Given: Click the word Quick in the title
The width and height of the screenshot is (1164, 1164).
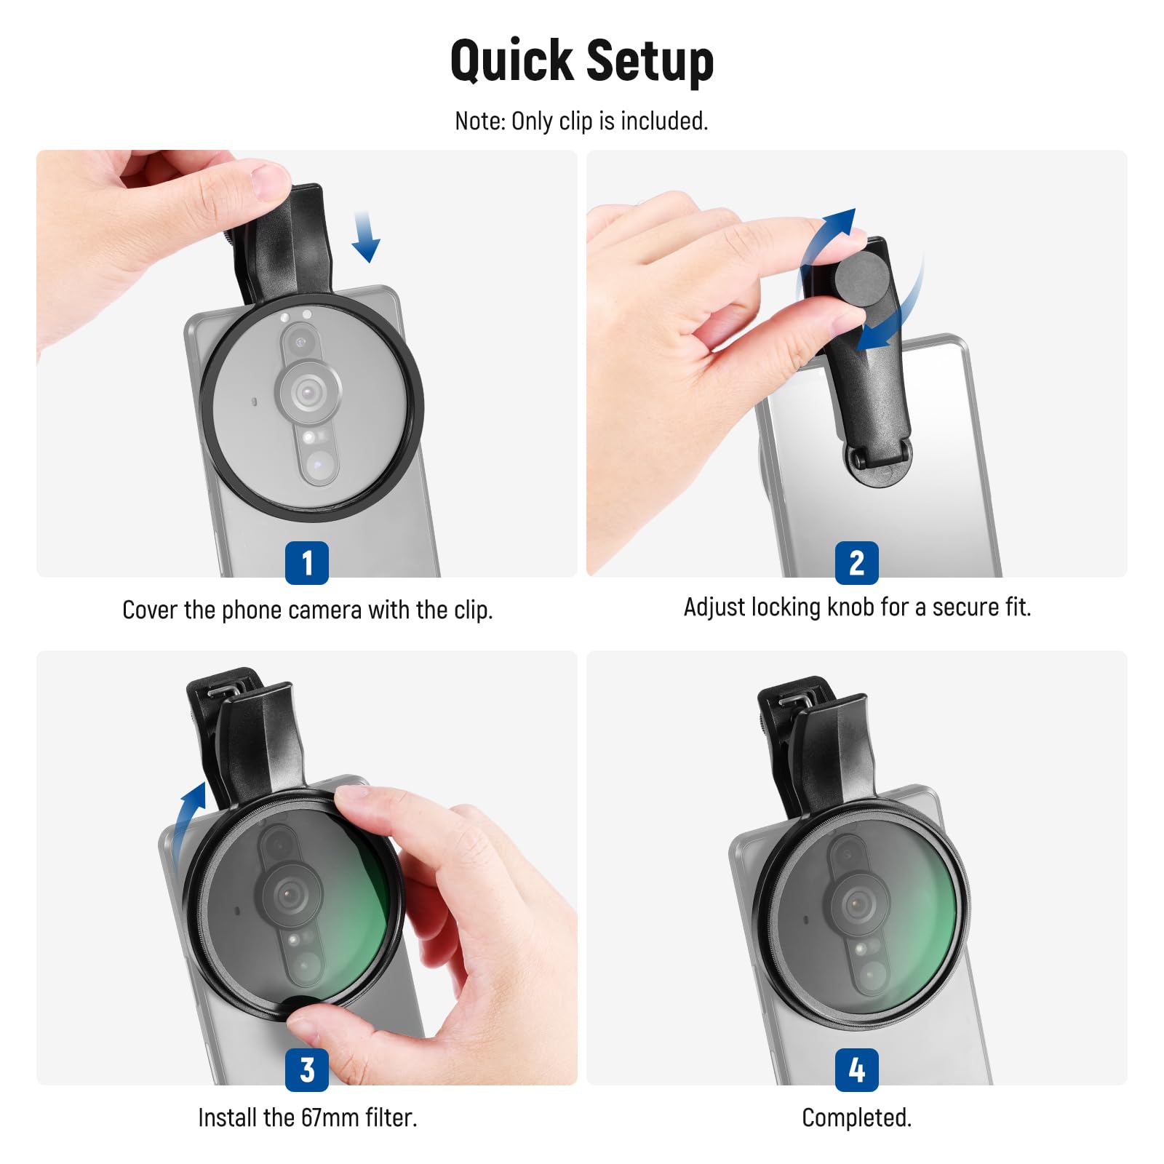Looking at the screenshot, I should pos(511,61).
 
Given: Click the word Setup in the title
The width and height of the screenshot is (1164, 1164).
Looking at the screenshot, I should pos(649,61).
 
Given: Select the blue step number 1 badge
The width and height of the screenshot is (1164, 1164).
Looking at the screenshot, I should pos(306,562).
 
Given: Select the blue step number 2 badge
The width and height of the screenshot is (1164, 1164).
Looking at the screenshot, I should pos(856,562).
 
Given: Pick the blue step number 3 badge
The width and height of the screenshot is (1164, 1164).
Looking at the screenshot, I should pos(306,1069).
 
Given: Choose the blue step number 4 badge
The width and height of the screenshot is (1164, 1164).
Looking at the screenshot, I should pos(856,1069).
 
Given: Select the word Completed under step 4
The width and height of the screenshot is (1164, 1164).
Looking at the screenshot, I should pos(856,1117).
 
